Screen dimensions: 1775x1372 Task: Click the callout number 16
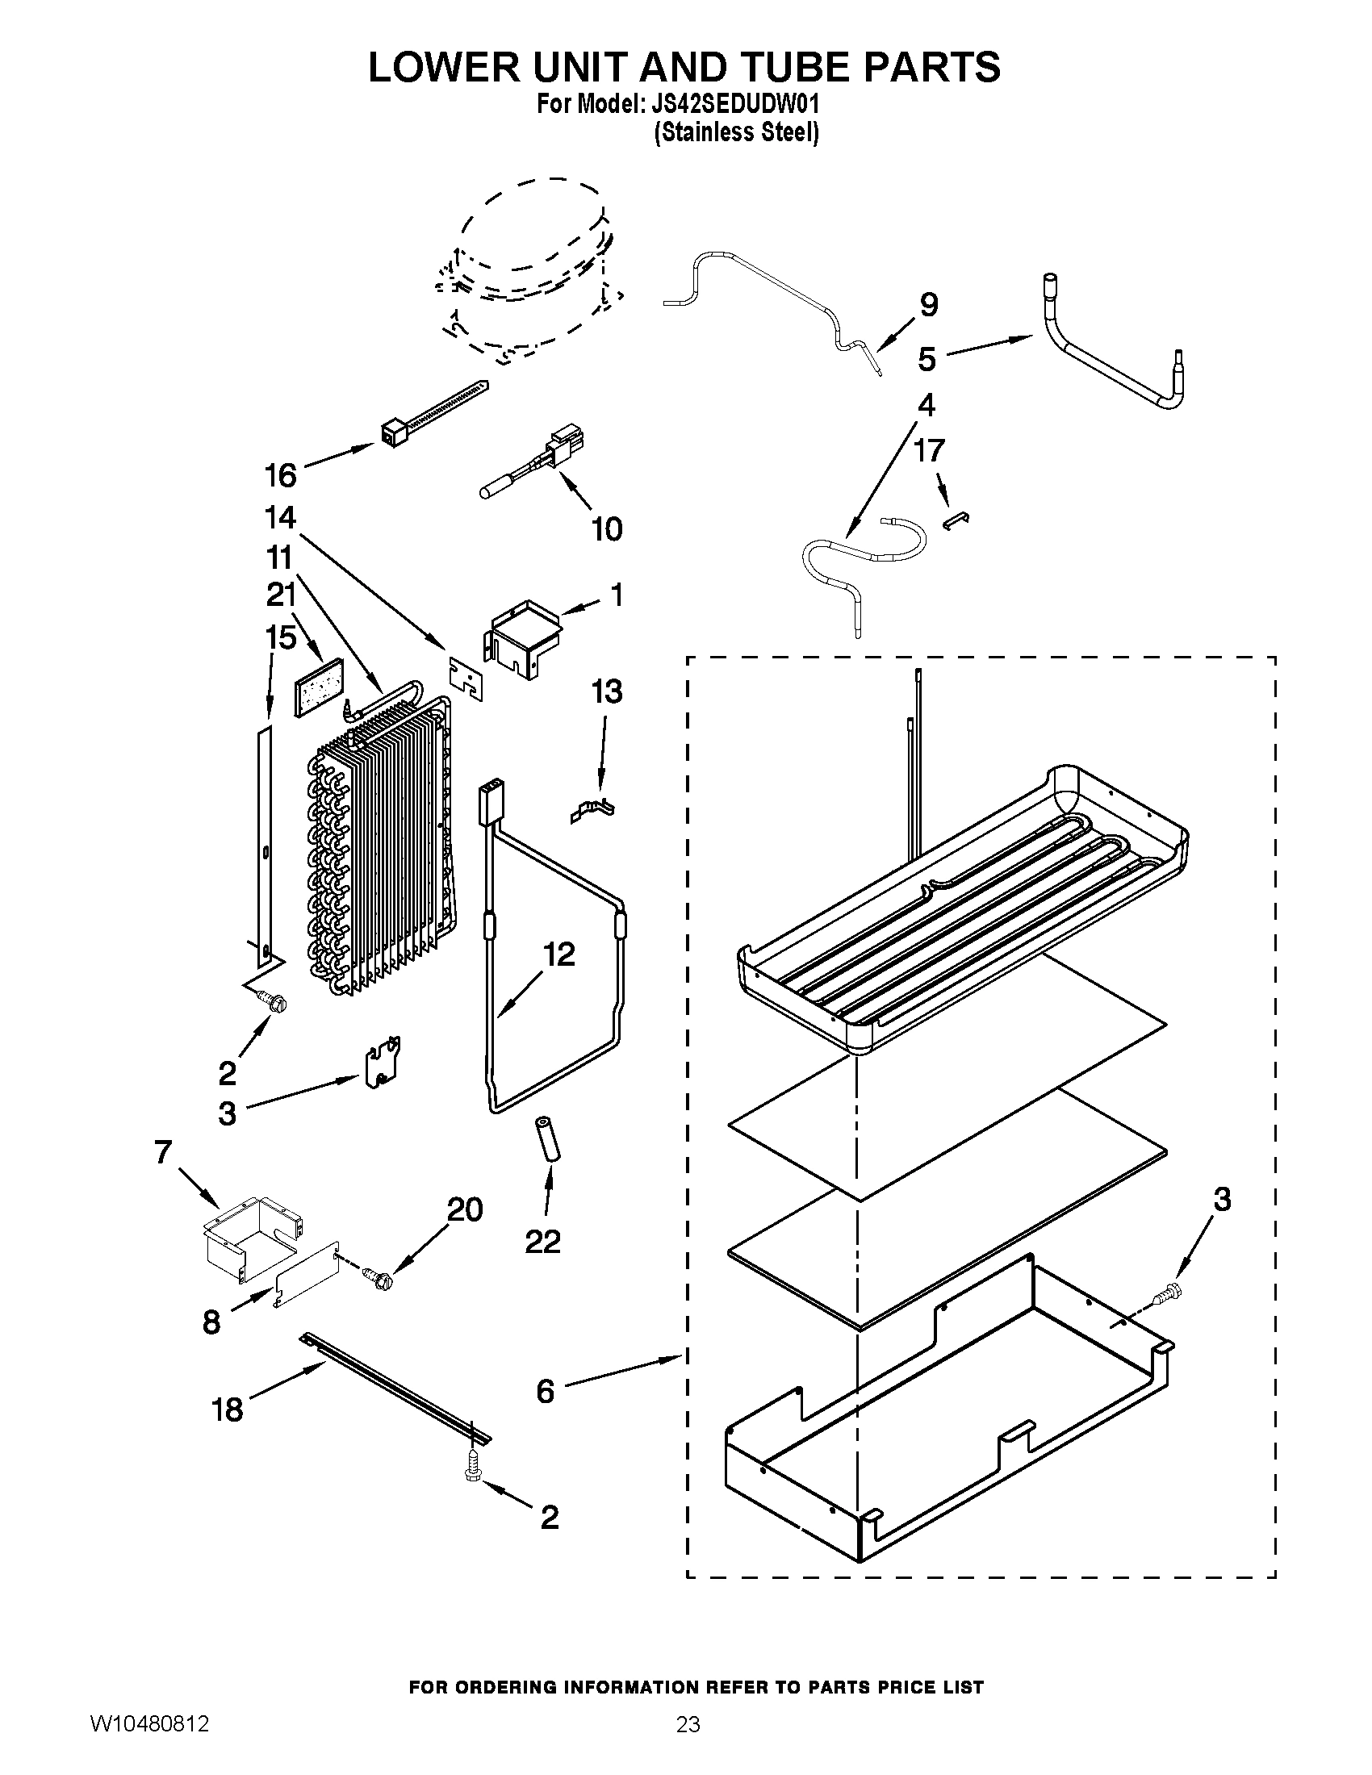(280, 475)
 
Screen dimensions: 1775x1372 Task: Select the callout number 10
(606, 529)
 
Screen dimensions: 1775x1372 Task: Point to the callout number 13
(606, 691)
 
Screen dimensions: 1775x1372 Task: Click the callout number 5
(927, 358)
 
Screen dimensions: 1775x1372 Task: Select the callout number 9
(929, 305)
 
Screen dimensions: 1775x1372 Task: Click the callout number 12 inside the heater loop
(558, 954)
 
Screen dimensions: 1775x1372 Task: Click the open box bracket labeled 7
(251, 1237)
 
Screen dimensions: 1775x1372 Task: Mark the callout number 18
(228, 1410)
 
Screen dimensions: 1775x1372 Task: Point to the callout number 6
(545, 1392)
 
